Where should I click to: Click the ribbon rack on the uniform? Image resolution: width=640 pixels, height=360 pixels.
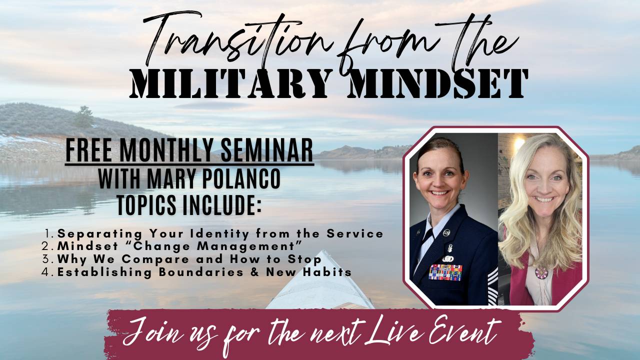[x=445, y=272]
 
